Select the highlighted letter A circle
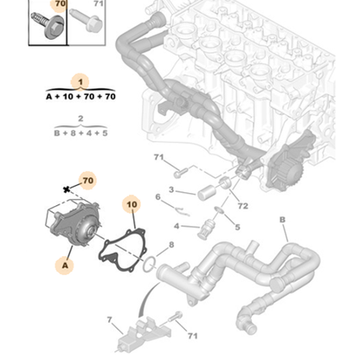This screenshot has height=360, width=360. [66, 265]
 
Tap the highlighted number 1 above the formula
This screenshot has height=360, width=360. [80, 81]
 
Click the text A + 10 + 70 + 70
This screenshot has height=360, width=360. [80, 98]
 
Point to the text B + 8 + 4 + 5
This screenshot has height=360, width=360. [80, 134]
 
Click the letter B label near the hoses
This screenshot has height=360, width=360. [281, 221]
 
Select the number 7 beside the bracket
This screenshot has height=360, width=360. [110, 320]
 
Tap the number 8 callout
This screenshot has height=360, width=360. [170, 245]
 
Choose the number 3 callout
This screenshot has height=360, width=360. [170, 190]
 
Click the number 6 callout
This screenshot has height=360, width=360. [157, 198]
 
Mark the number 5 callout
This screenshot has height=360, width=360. [236, 228]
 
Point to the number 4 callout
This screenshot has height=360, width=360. [177, 228]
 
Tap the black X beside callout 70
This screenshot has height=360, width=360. [66, 187]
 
